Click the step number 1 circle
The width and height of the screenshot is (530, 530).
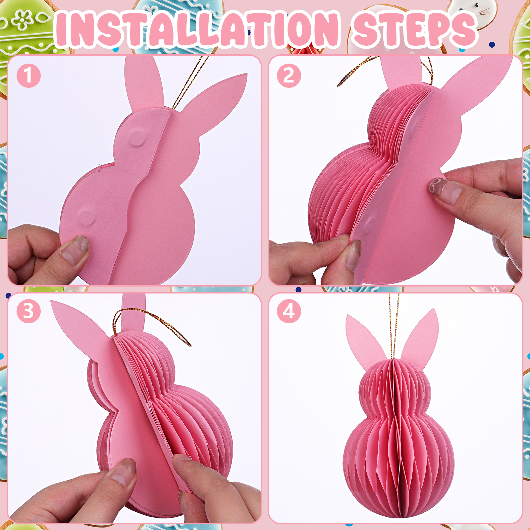[x=29, y=76]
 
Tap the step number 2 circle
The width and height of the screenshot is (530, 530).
[x=289, y=76]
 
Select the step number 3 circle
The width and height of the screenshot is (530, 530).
[x=29, y=311]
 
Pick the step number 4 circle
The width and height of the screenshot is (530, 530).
[x=289, y=311]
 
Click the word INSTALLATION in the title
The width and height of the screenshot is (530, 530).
[x=197, y=29]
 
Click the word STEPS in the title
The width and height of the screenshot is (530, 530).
[x=415, y=29]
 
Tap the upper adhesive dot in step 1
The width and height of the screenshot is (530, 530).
[x=136, y=138]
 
